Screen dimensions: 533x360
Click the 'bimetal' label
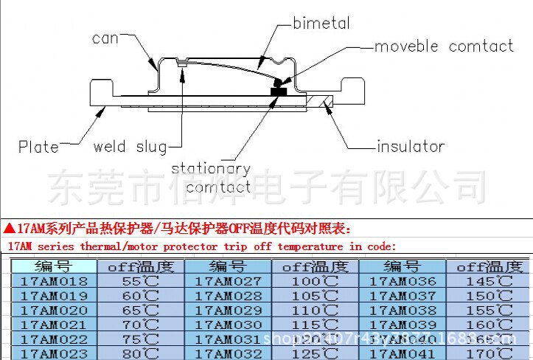pos(321,23)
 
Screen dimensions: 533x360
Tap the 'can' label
pos(105,38)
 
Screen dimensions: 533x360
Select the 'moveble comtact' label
pos(444,46)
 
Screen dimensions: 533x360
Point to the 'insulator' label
pos(411,146)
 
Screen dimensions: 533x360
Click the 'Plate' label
pos(38,147)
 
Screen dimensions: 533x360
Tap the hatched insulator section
pos(323,103)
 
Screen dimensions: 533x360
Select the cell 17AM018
pos(54,281)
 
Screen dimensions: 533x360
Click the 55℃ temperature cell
pos(140,281)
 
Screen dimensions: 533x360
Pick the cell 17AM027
pos(228,281)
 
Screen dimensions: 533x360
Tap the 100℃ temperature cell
pos(315,281)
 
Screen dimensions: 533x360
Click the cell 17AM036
pos(403,281)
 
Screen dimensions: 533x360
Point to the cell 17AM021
pos(54,325)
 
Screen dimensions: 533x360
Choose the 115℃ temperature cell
pos(315,325)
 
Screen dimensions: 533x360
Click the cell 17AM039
pos(403,325)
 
